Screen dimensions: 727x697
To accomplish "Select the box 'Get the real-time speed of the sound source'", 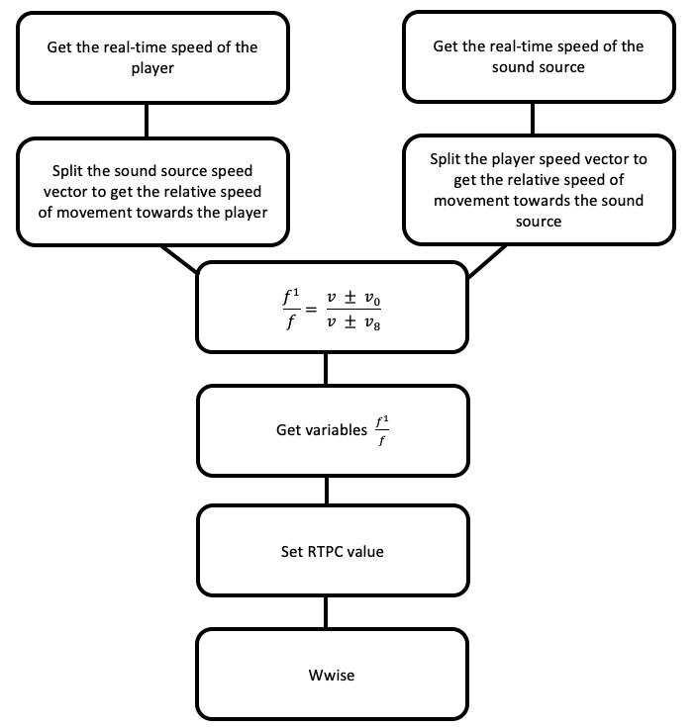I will pyautogui.click(x=538, y=56).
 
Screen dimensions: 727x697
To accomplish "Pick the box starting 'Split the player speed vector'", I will pyautogui.click(x=538, y=190).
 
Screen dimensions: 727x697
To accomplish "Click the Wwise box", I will pyautogui.click(x=332, y=676).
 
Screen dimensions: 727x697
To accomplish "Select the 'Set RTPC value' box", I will pyautogui.click(x=332, y=551).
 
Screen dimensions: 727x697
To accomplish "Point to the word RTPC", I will pyautogui.click(x=328, y=551).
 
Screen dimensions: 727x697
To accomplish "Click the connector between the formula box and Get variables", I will pyautogui.click(x=326, y=369).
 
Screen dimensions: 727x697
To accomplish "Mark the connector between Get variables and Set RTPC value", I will pyautogui.click(x=326, y=491).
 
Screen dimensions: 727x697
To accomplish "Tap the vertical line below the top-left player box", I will pyautogui.click(x=147, y=120).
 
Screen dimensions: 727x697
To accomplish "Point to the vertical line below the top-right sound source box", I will pyautogui.click(x=533, y=120).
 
